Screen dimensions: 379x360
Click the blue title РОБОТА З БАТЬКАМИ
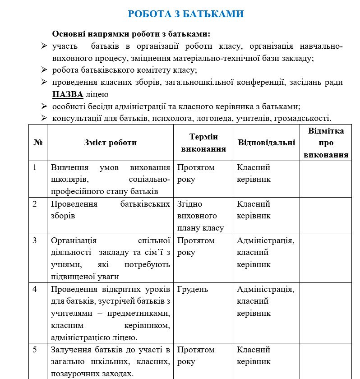click(x=186, y=14)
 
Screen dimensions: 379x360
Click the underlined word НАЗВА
click(x=68, y=94)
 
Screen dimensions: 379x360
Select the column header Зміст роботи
click(x=110, y=143)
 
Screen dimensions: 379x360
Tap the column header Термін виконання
click(x=203, y=143)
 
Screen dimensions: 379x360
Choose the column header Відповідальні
click(x=266, y=143)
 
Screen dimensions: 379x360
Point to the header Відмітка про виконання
click(x=326, y=143)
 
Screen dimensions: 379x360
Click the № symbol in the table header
click(x=38, y=143)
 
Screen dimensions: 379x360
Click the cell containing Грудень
click(x=193, y=289)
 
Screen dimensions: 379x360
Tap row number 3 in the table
click(x=35, y=240)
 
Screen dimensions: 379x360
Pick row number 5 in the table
click(x=35, y=350)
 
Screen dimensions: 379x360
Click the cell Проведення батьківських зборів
click(x=110, y=210)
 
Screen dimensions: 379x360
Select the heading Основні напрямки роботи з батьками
click(x=131, y=34)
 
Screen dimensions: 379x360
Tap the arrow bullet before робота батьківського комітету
click(x=44, y=70)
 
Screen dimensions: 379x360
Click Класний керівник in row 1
click(x=254, y=173)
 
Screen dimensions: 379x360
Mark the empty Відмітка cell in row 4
click(x=325, y=313)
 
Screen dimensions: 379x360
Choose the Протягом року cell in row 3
click(x=196, y=246)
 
